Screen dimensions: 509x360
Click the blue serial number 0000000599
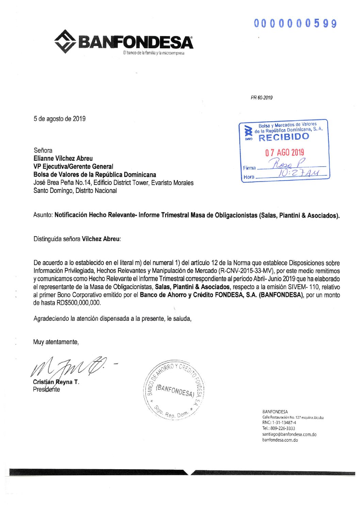[x=295, y=23]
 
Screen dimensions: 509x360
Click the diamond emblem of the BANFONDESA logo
[x=65, y=41]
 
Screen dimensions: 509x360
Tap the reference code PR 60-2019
[x=261, y=98]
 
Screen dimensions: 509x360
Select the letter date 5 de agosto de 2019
[x=60, y=119]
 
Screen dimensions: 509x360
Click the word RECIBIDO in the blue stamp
[x=284, y=137]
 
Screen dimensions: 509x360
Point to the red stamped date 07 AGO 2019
[x=285, y=152]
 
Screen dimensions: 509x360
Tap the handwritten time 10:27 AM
[x=295, y=173]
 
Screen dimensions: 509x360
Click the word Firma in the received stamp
[x=249, y=168]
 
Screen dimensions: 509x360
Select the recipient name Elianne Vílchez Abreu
[x=63, y=158]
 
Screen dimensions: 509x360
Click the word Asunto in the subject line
[x=43, y=215]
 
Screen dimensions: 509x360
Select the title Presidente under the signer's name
[x=46, y=390]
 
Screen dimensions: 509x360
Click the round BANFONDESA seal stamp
[x=174, y=390]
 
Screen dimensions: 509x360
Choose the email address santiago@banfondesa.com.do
[x=289, y=434]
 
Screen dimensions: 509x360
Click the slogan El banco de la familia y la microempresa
[x=153, y=53]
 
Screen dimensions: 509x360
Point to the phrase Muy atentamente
[x=56, y=342]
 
